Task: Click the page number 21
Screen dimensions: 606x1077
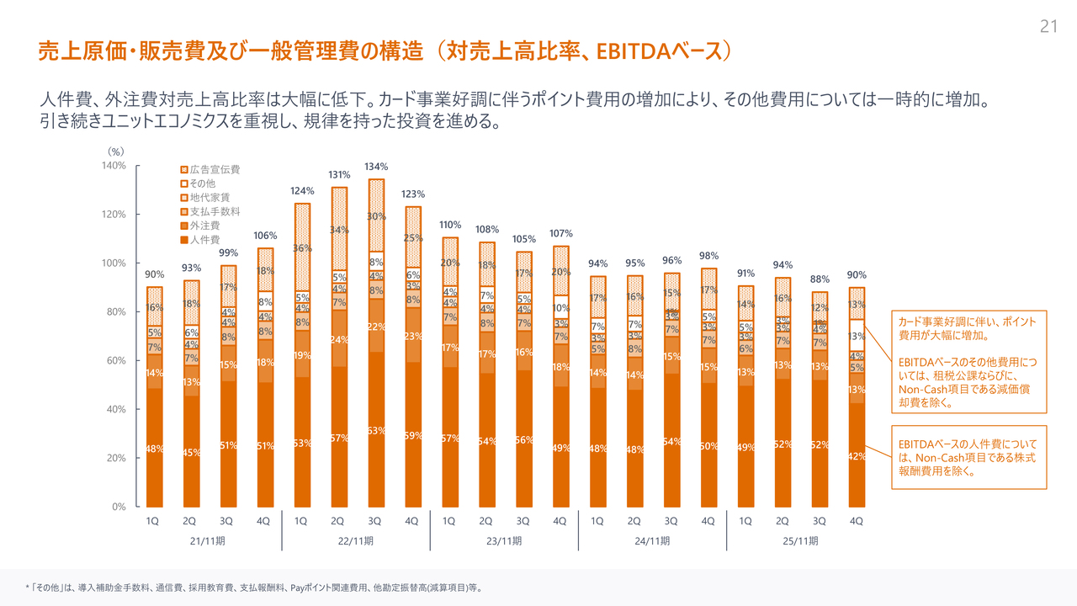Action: point(1048,27)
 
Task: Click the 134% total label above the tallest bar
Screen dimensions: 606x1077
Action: point(376,167)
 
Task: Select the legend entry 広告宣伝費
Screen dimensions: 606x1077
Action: point(215,169)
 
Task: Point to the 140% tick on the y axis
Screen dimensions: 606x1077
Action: point(114,166)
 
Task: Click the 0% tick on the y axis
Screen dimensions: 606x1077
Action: point(119,507)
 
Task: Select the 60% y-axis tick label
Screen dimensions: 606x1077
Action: point(115,360)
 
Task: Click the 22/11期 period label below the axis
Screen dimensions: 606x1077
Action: point(355,540)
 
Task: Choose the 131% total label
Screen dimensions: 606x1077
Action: point(339,174)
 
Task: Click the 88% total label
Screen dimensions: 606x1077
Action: point(820,279)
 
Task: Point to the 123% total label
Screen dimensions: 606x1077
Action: point(413,194)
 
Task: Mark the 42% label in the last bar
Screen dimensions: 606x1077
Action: point(857,456)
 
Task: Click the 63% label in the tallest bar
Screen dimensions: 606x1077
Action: point(376,431)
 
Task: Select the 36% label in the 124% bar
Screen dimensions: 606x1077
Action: point(302,248)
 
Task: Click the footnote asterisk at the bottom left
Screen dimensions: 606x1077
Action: point(28,587)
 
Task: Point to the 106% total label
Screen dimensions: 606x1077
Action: point(265,236)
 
